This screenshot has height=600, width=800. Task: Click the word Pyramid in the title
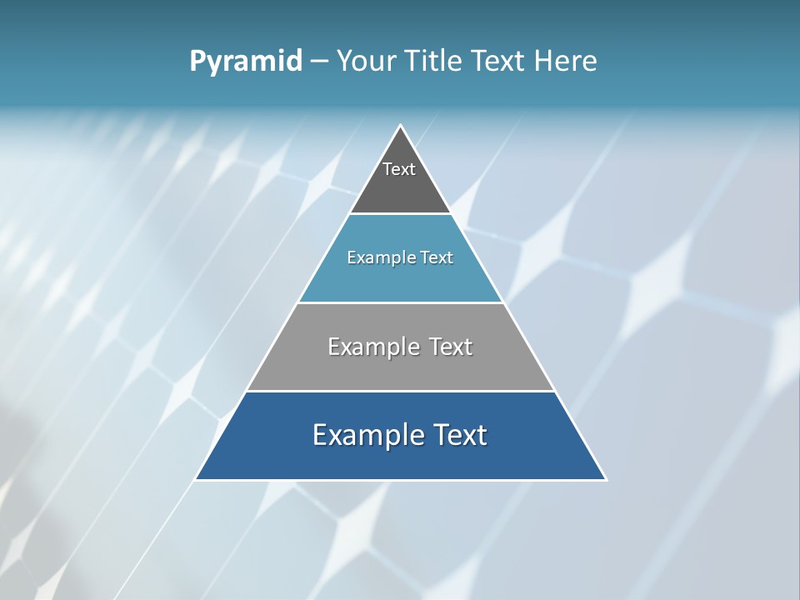point(246,62)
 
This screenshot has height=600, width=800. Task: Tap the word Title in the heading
point(438,62)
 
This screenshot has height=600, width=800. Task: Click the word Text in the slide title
point(500,62)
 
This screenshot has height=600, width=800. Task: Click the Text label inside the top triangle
point(399,169)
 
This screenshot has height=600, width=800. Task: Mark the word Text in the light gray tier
point(451,347)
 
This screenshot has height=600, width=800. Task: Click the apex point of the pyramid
point(401,127)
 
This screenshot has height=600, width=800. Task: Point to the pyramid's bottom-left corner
point(197,479)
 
